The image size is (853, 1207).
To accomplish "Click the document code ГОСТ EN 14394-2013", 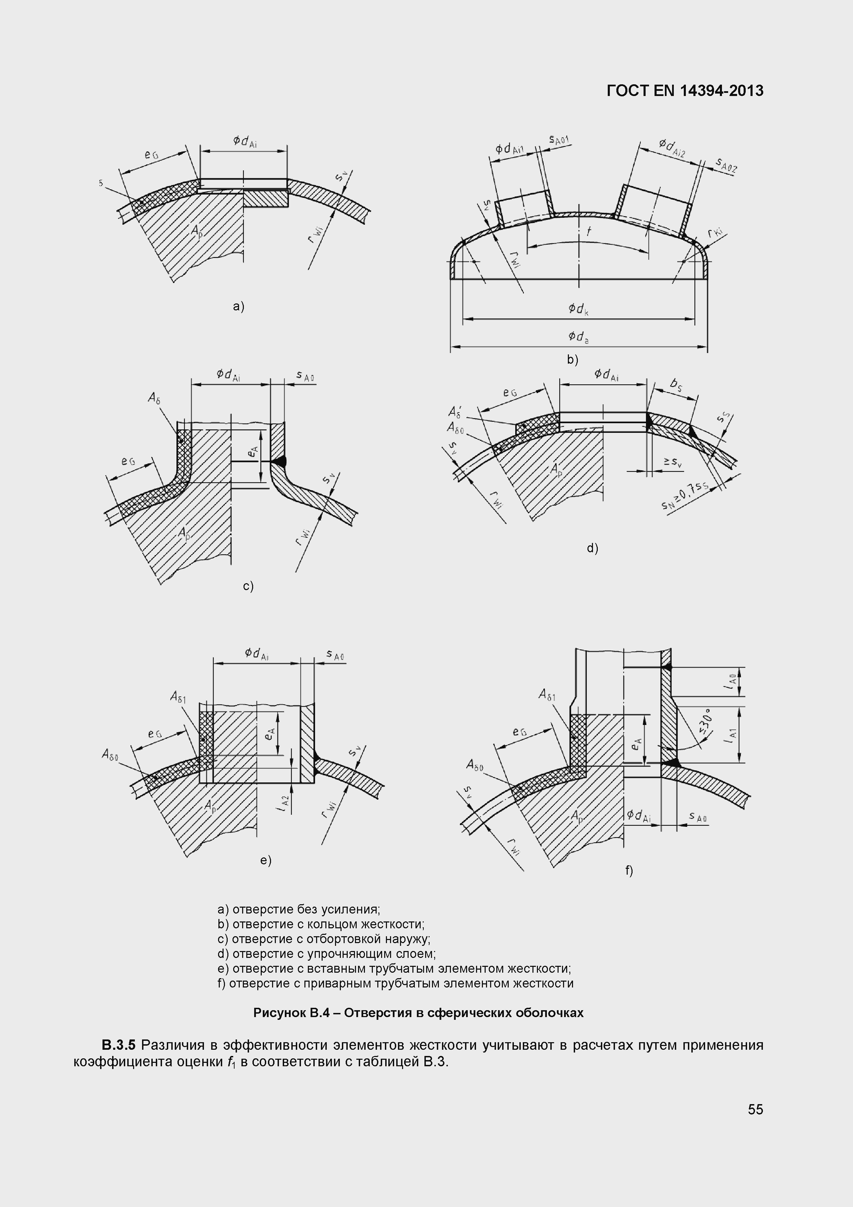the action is [x=685, y=91].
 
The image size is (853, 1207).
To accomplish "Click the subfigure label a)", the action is [x=239, y=307].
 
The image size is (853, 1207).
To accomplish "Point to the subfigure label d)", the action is [x=592, y=549].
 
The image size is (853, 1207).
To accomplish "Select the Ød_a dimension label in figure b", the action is [x=578, y=337].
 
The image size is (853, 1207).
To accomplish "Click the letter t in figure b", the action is [x=589, y=231].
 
